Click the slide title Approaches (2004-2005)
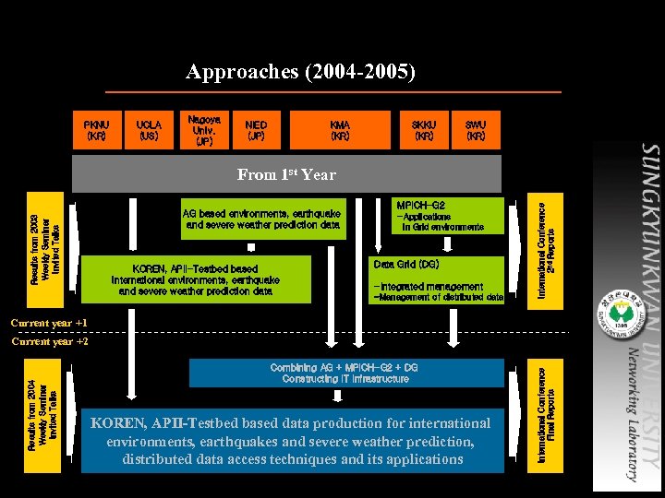pyautogui.click(x=300, y=72)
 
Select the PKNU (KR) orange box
pyautogui.click(x=96, y=130)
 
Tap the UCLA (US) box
pyautogui.click(x=149, y=130)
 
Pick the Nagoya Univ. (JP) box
pyautogui.click(x=204, y=130)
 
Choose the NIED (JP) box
pyautogui.click(x=256, y=130)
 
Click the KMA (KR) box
pyautogui.click(x=340, y=130)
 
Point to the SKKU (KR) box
pyautogui.click(x=424, y=130)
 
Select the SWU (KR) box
pyautogui.click(x=476, y=130)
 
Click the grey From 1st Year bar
pyautogui.click(x=286, y=174)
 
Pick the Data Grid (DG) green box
pyautogui.click(x=438, y=279)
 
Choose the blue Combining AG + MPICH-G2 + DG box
pyautogui.click(x=345, y=373)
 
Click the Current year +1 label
pyautogui.click(x=50, y=324)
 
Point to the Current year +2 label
pyautogui.click(x=50, y=342)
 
